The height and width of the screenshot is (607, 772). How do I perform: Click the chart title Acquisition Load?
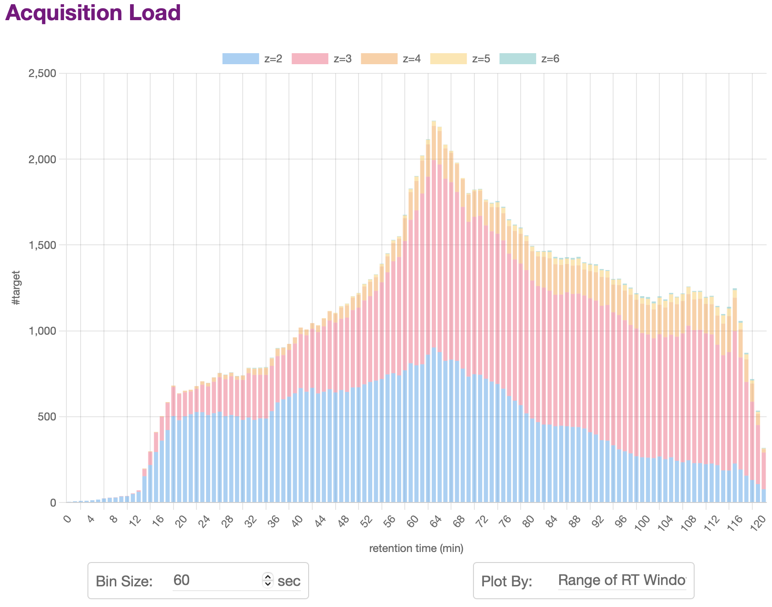93,13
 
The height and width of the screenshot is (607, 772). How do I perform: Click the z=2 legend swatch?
240,59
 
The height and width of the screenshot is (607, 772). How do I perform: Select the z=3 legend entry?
321,59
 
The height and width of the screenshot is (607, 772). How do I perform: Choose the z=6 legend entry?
529,59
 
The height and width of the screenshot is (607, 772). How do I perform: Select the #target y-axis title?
16,288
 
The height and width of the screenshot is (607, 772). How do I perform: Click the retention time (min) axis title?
416,548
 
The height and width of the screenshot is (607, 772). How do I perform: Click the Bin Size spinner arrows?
268,580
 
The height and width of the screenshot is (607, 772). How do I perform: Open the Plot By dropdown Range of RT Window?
622,580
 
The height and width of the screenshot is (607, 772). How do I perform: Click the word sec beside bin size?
289,581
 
